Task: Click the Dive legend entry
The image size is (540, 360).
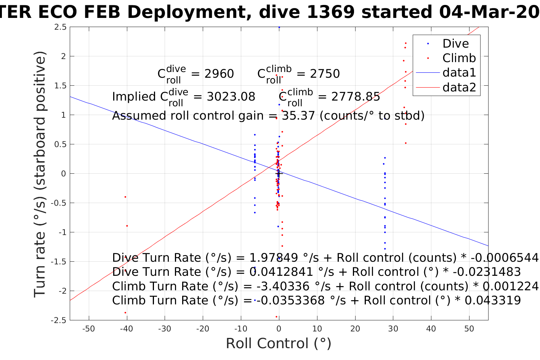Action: [455, 43]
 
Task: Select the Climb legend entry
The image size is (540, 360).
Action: [459, 58]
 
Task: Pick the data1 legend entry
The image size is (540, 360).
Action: [459, 72]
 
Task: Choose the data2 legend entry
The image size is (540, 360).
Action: [459, 87]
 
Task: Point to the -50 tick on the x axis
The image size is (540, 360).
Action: [88, 329]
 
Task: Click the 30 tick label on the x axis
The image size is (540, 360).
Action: [393, 329]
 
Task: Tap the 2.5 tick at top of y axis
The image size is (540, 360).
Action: [60, 27]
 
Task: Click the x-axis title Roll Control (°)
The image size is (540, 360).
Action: [279, 343]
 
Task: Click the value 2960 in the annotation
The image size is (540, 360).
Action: [219, 74]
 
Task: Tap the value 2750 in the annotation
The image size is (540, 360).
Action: [325, 74]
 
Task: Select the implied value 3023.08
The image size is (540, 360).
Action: [231, 97]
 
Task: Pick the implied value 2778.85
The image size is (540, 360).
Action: [356, 97]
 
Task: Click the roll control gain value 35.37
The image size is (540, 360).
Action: [298, 115]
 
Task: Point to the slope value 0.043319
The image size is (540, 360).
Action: [493, 300]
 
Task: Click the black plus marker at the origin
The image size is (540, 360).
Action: [279, 173]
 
